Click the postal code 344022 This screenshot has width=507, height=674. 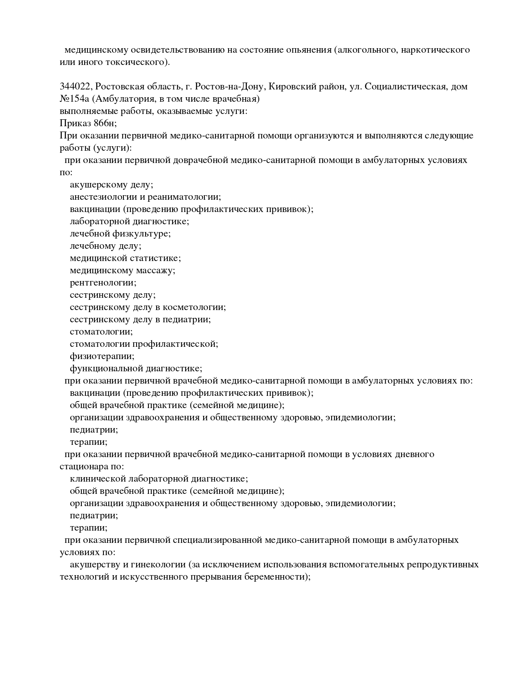pos(76,87)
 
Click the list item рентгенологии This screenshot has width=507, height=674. pos(103,283)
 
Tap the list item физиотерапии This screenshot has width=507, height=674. pos(102,356)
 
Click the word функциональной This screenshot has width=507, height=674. pos(106,368)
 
